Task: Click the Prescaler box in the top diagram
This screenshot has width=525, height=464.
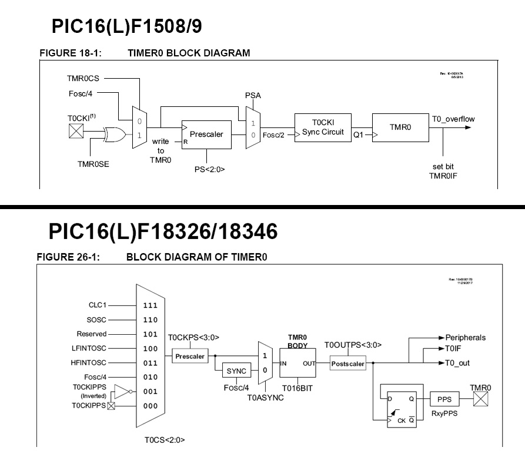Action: tap(206, 135)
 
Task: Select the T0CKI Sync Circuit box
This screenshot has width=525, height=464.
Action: tap(323, 128)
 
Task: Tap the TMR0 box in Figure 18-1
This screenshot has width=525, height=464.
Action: tap(400, 127)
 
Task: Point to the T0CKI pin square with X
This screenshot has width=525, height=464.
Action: tap(76, 132)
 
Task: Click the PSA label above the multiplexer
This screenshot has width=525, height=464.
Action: tap(253, 95)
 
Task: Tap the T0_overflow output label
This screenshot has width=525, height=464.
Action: tap(453, 119)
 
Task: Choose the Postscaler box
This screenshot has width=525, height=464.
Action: tap(348, 364)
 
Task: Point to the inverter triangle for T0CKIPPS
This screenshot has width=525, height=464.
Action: tap(121, 392)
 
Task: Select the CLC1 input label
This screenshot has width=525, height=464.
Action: tap(96, 305)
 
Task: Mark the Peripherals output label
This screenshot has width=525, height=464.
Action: tap(466, 338)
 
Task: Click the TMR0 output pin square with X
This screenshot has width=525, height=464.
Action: tap(481, 399)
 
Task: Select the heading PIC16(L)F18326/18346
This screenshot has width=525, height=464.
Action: tap(163, 231)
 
